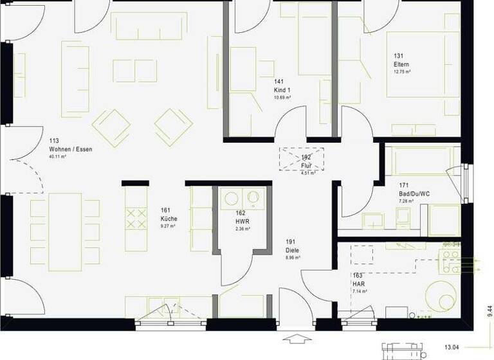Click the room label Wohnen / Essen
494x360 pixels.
[71, 149]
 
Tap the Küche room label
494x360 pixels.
[169, 219]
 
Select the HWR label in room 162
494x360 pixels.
[241, 221]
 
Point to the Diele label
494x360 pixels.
[293, 250]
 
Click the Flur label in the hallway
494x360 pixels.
[306, 165]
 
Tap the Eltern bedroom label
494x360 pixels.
[401, 65]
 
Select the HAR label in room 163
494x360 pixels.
[358, 283]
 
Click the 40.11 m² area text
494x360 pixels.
[58, 156]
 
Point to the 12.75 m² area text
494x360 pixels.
[403, 72]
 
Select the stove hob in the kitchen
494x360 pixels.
[136, 218]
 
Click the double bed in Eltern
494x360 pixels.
[423, 64]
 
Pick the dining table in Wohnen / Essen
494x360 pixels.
[64, 228]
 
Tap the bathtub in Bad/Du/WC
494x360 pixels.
[421, 160]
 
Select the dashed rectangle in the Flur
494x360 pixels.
[301, 159]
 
